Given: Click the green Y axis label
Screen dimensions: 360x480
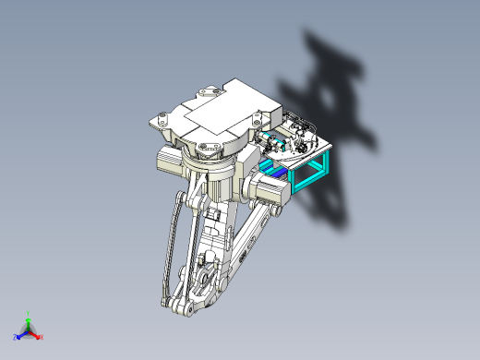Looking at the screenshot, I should point(29,313).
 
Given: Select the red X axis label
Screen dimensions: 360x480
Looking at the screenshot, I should point(42,337).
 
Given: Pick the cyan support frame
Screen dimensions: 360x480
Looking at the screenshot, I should point(310,174).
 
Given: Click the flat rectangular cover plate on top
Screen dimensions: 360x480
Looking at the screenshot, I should point(214,117).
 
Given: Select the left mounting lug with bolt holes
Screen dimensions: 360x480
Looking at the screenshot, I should point(162,119).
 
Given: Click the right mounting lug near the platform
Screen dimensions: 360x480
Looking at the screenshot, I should point(256,118).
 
